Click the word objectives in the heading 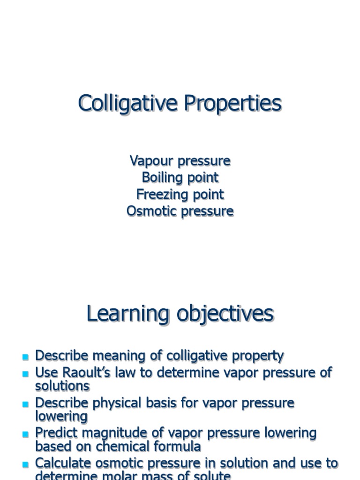tap(225, 314)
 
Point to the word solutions tap(62, 386)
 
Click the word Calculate tap(63, 463)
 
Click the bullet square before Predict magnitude tap(25, 434)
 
